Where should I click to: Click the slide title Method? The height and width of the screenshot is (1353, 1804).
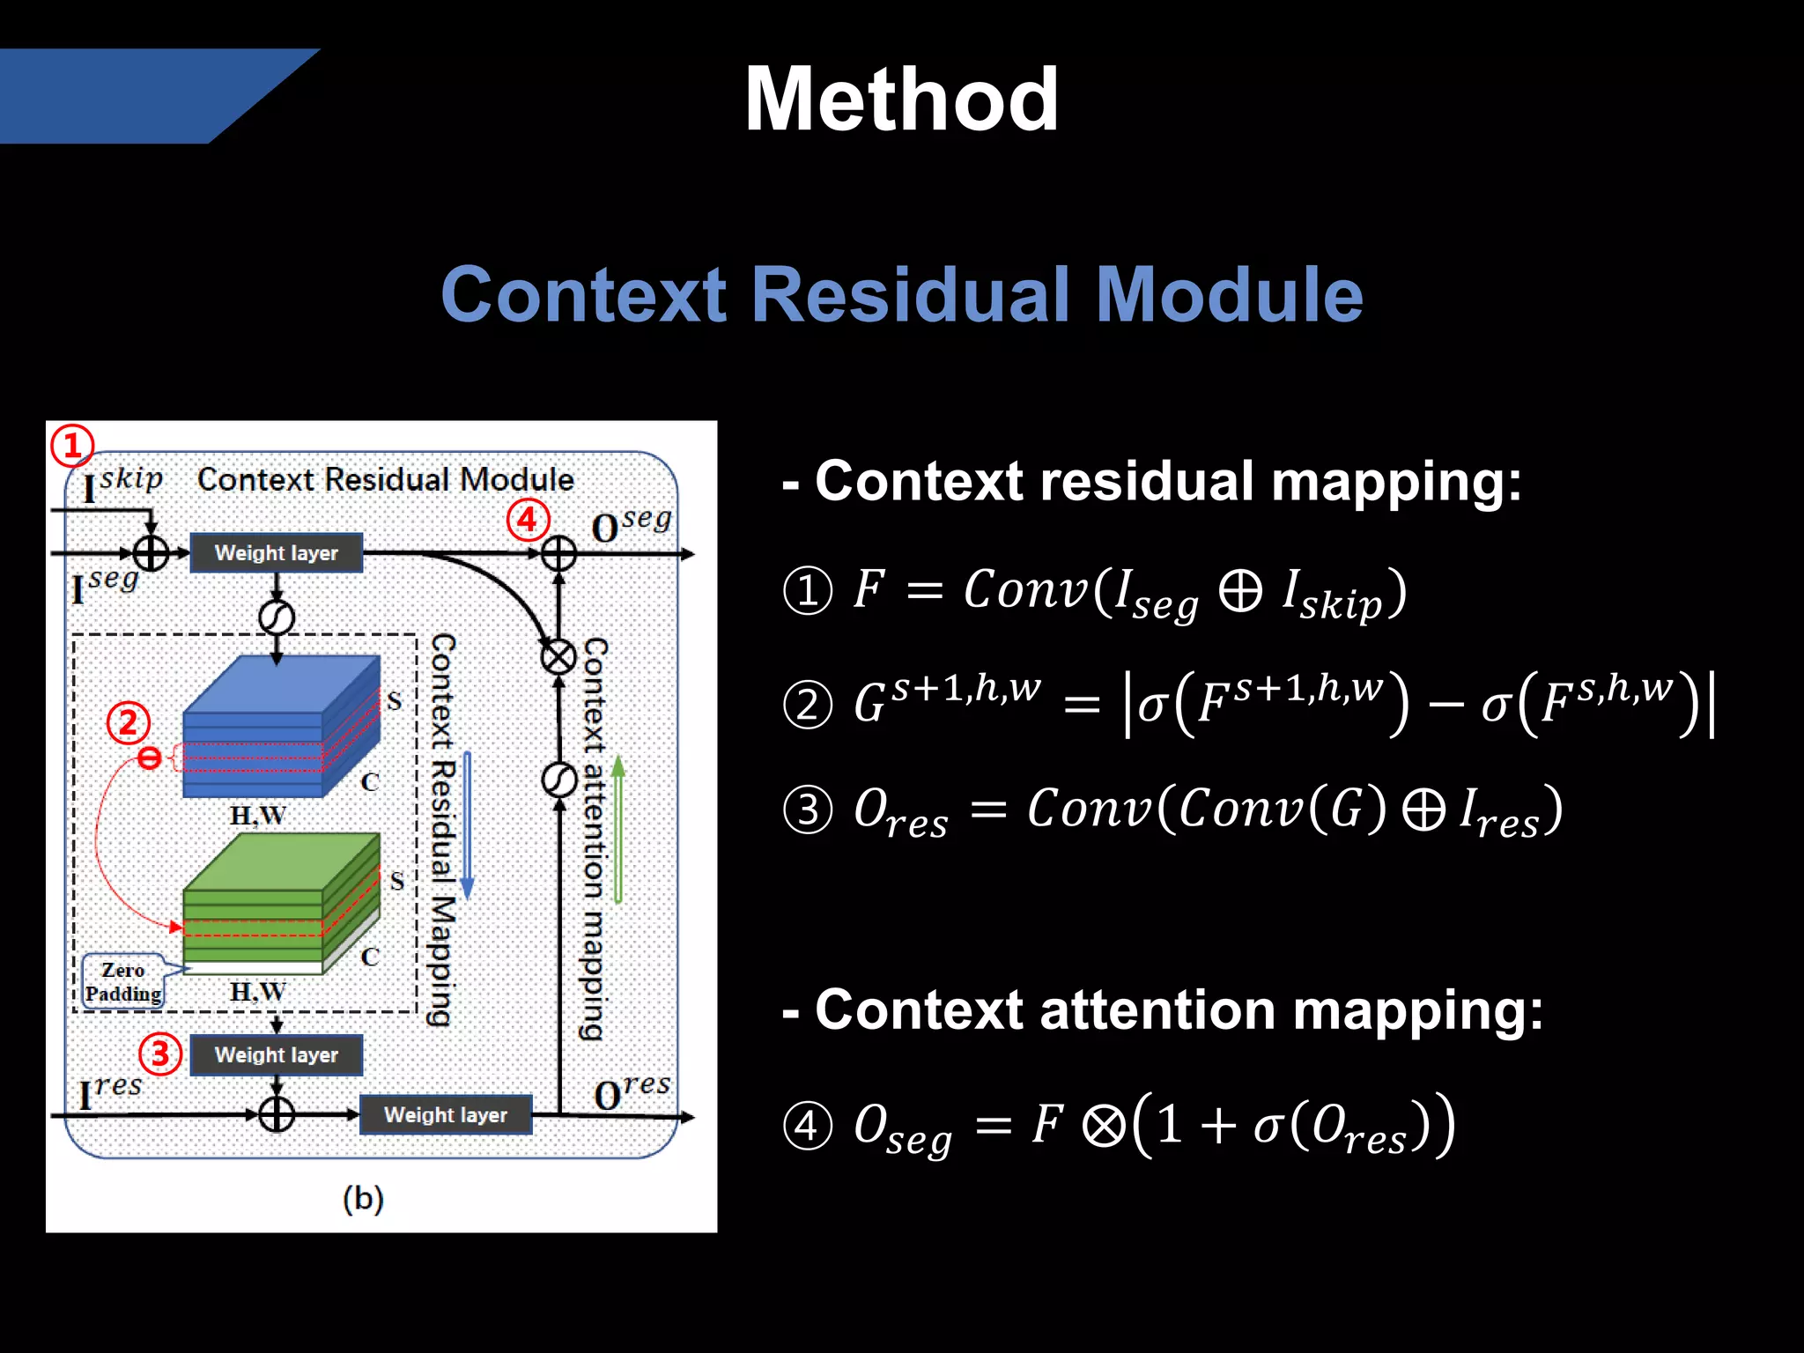pyautogui.click(x=900, y=100)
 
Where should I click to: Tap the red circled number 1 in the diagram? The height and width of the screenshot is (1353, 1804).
pyautogui.click(x=71, y=446)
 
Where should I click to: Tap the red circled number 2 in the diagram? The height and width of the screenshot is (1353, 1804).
pyautogui.click(x=129, y=723)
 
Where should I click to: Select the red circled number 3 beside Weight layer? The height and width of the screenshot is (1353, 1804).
pyautogui.click(x=160, y=1054)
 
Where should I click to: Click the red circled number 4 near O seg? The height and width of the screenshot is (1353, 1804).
pyautogui.click(x=527, y=520)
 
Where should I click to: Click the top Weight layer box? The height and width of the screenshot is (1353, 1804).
pyautogui.click(x=277, y=553)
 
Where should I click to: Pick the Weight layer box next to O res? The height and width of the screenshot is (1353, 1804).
pyautogui.click(x=446, y=1114)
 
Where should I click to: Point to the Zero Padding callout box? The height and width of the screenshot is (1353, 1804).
pyautogui.click(x=123, y=981)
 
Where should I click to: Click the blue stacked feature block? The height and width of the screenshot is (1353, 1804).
pyautogui.click(x=280, y=726)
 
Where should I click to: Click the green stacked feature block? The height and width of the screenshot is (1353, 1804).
pyautogui.click(x=280, y=903)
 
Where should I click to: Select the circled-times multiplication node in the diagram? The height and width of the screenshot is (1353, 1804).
pyautogui.click(x=558, y=656)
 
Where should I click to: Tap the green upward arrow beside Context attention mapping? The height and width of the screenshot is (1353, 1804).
pyautogui.click(x=618, y=828)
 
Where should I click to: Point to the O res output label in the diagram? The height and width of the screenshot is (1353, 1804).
pyautogui.click(x=632, y=1092)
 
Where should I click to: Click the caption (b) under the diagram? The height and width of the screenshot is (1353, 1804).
pyautogui.click(x=363, y=1198)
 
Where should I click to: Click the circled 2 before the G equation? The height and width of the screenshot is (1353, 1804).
pyautogui.click(x=807, y=705)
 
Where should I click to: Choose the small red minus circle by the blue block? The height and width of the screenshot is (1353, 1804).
pyautogui.click(x=150, y=758)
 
